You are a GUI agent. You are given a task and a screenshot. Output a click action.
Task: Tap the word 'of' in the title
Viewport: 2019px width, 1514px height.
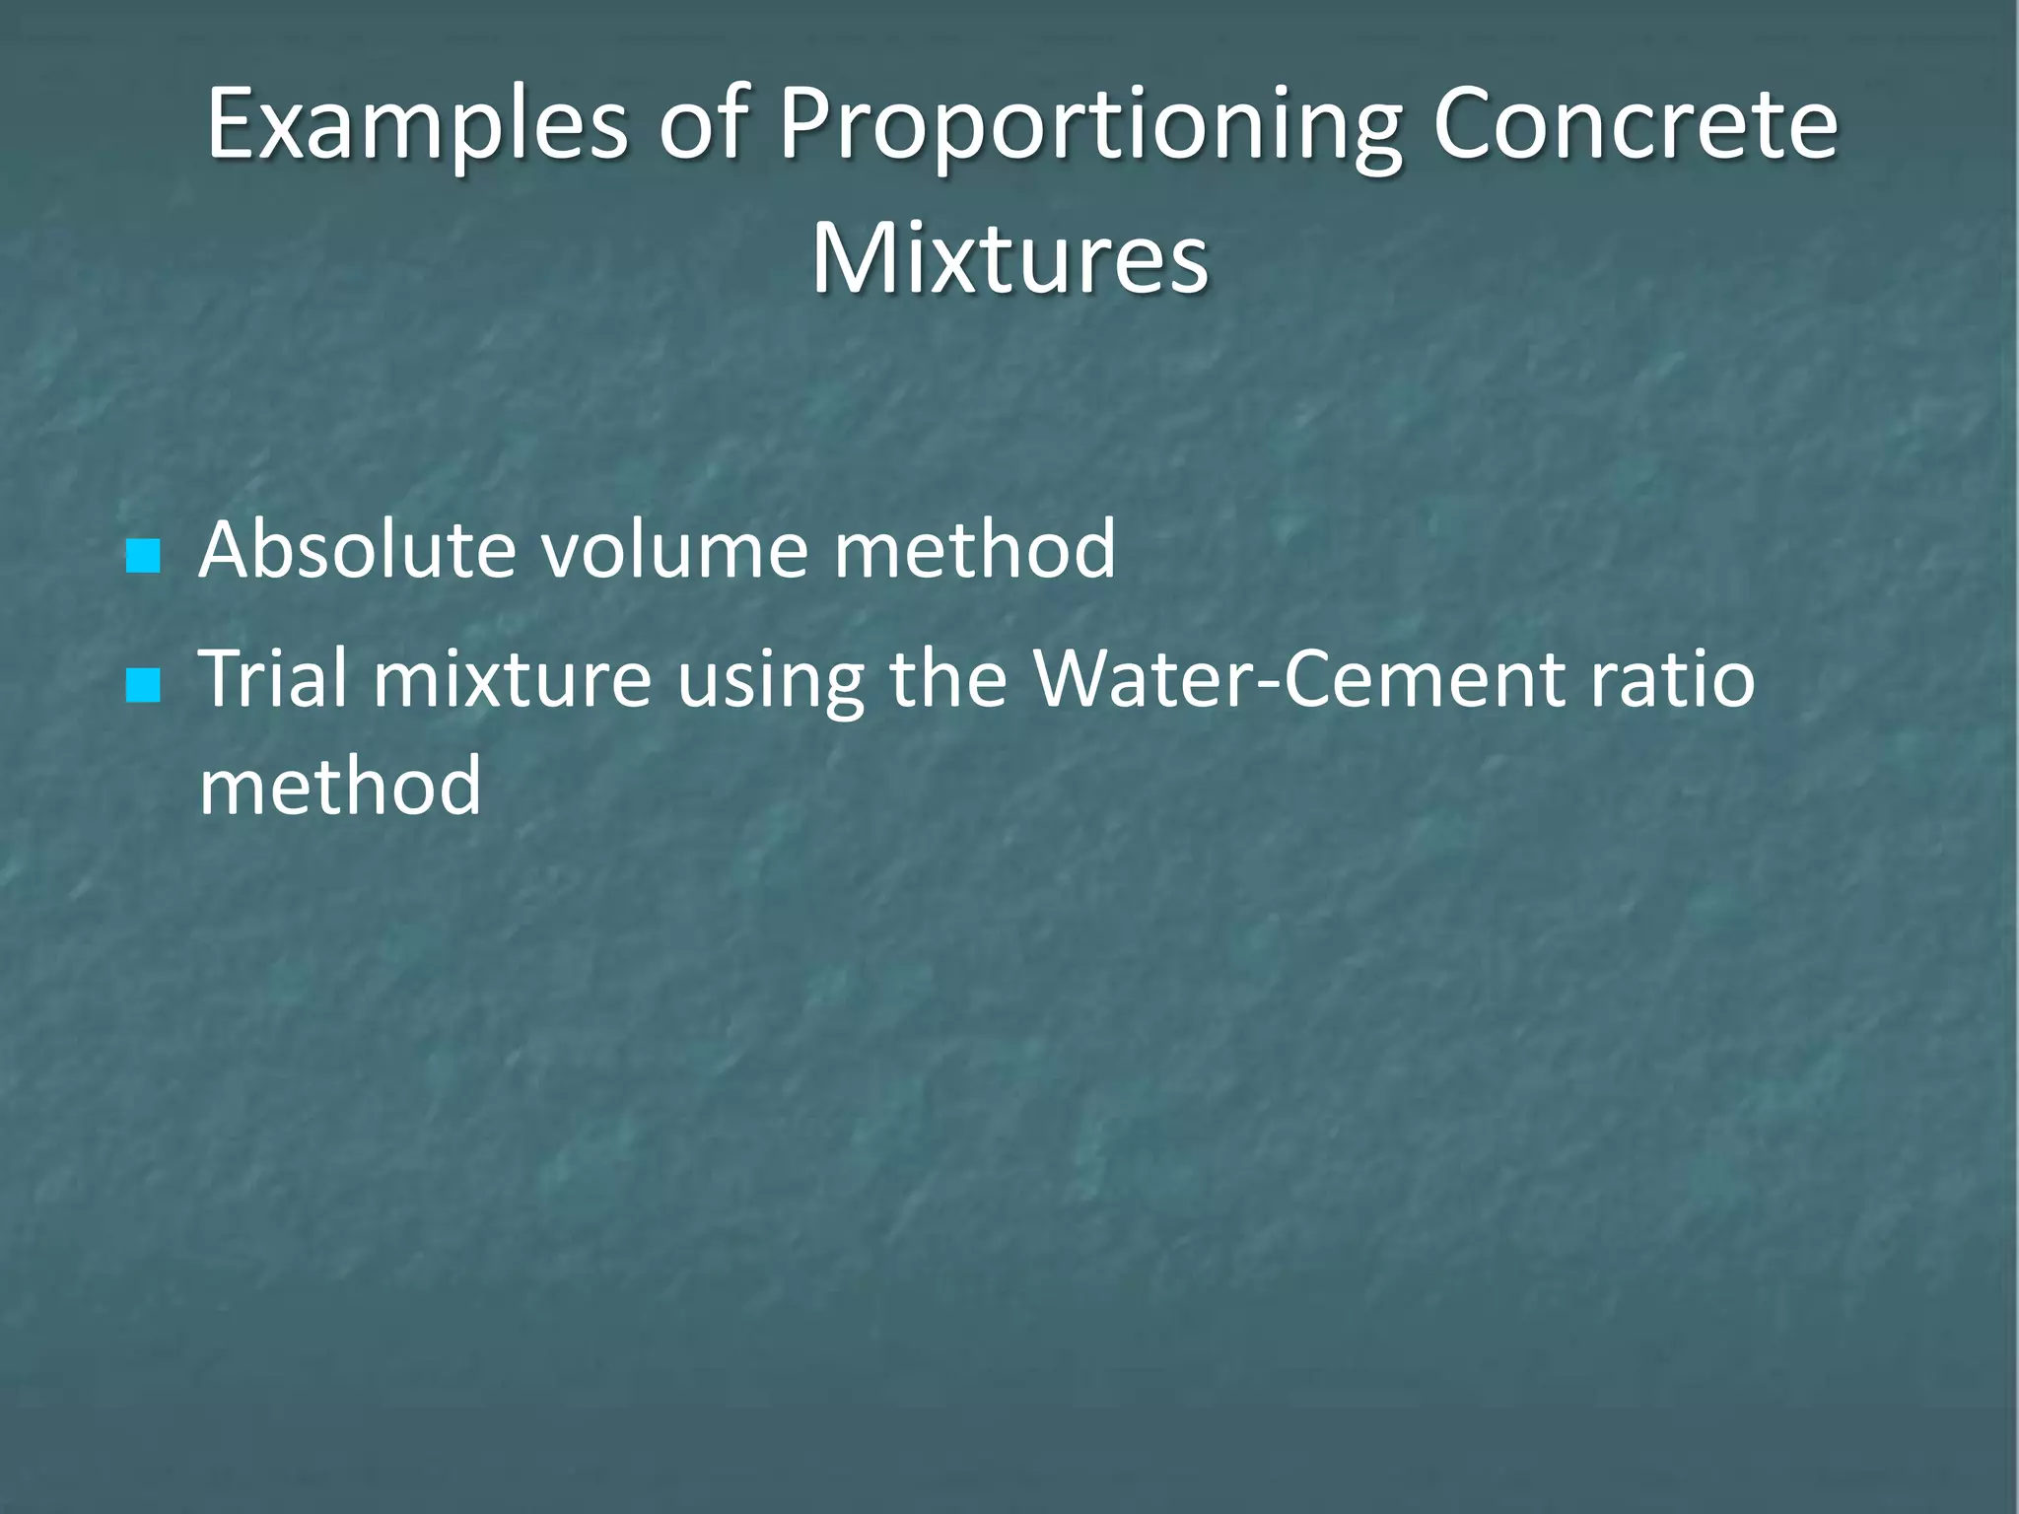[x=703, y=125]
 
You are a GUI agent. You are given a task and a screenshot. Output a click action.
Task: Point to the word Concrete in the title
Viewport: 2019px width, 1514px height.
[x=1635, y=125]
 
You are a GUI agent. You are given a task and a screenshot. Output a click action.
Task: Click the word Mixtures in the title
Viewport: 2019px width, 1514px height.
[x=1009, y=259]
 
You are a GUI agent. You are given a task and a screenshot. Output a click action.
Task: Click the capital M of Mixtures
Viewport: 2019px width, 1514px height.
[x=856, y=259]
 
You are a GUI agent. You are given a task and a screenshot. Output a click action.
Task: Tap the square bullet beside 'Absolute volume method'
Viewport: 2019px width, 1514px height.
[x=143, y=556]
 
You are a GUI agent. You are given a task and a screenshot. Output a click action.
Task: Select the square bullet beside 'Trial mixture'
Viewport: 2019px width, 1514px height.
[x=143, y=686]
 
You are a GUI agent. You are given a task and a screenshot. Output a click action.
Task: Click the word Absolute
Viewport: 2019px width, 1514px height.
[x=356, y=549]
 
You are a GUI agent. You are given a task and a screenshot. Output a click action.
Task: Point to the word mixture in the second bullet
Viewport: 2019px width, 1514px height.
[x=512, y=679]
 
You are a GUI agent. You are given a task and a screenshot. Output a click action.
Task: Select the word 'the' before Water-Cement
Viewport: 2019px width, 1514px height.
[x=947, y=679]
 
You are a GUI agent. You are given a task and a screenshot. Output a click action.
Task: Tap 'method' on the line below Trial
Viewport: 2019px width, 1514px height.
[x=339, y=786]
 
